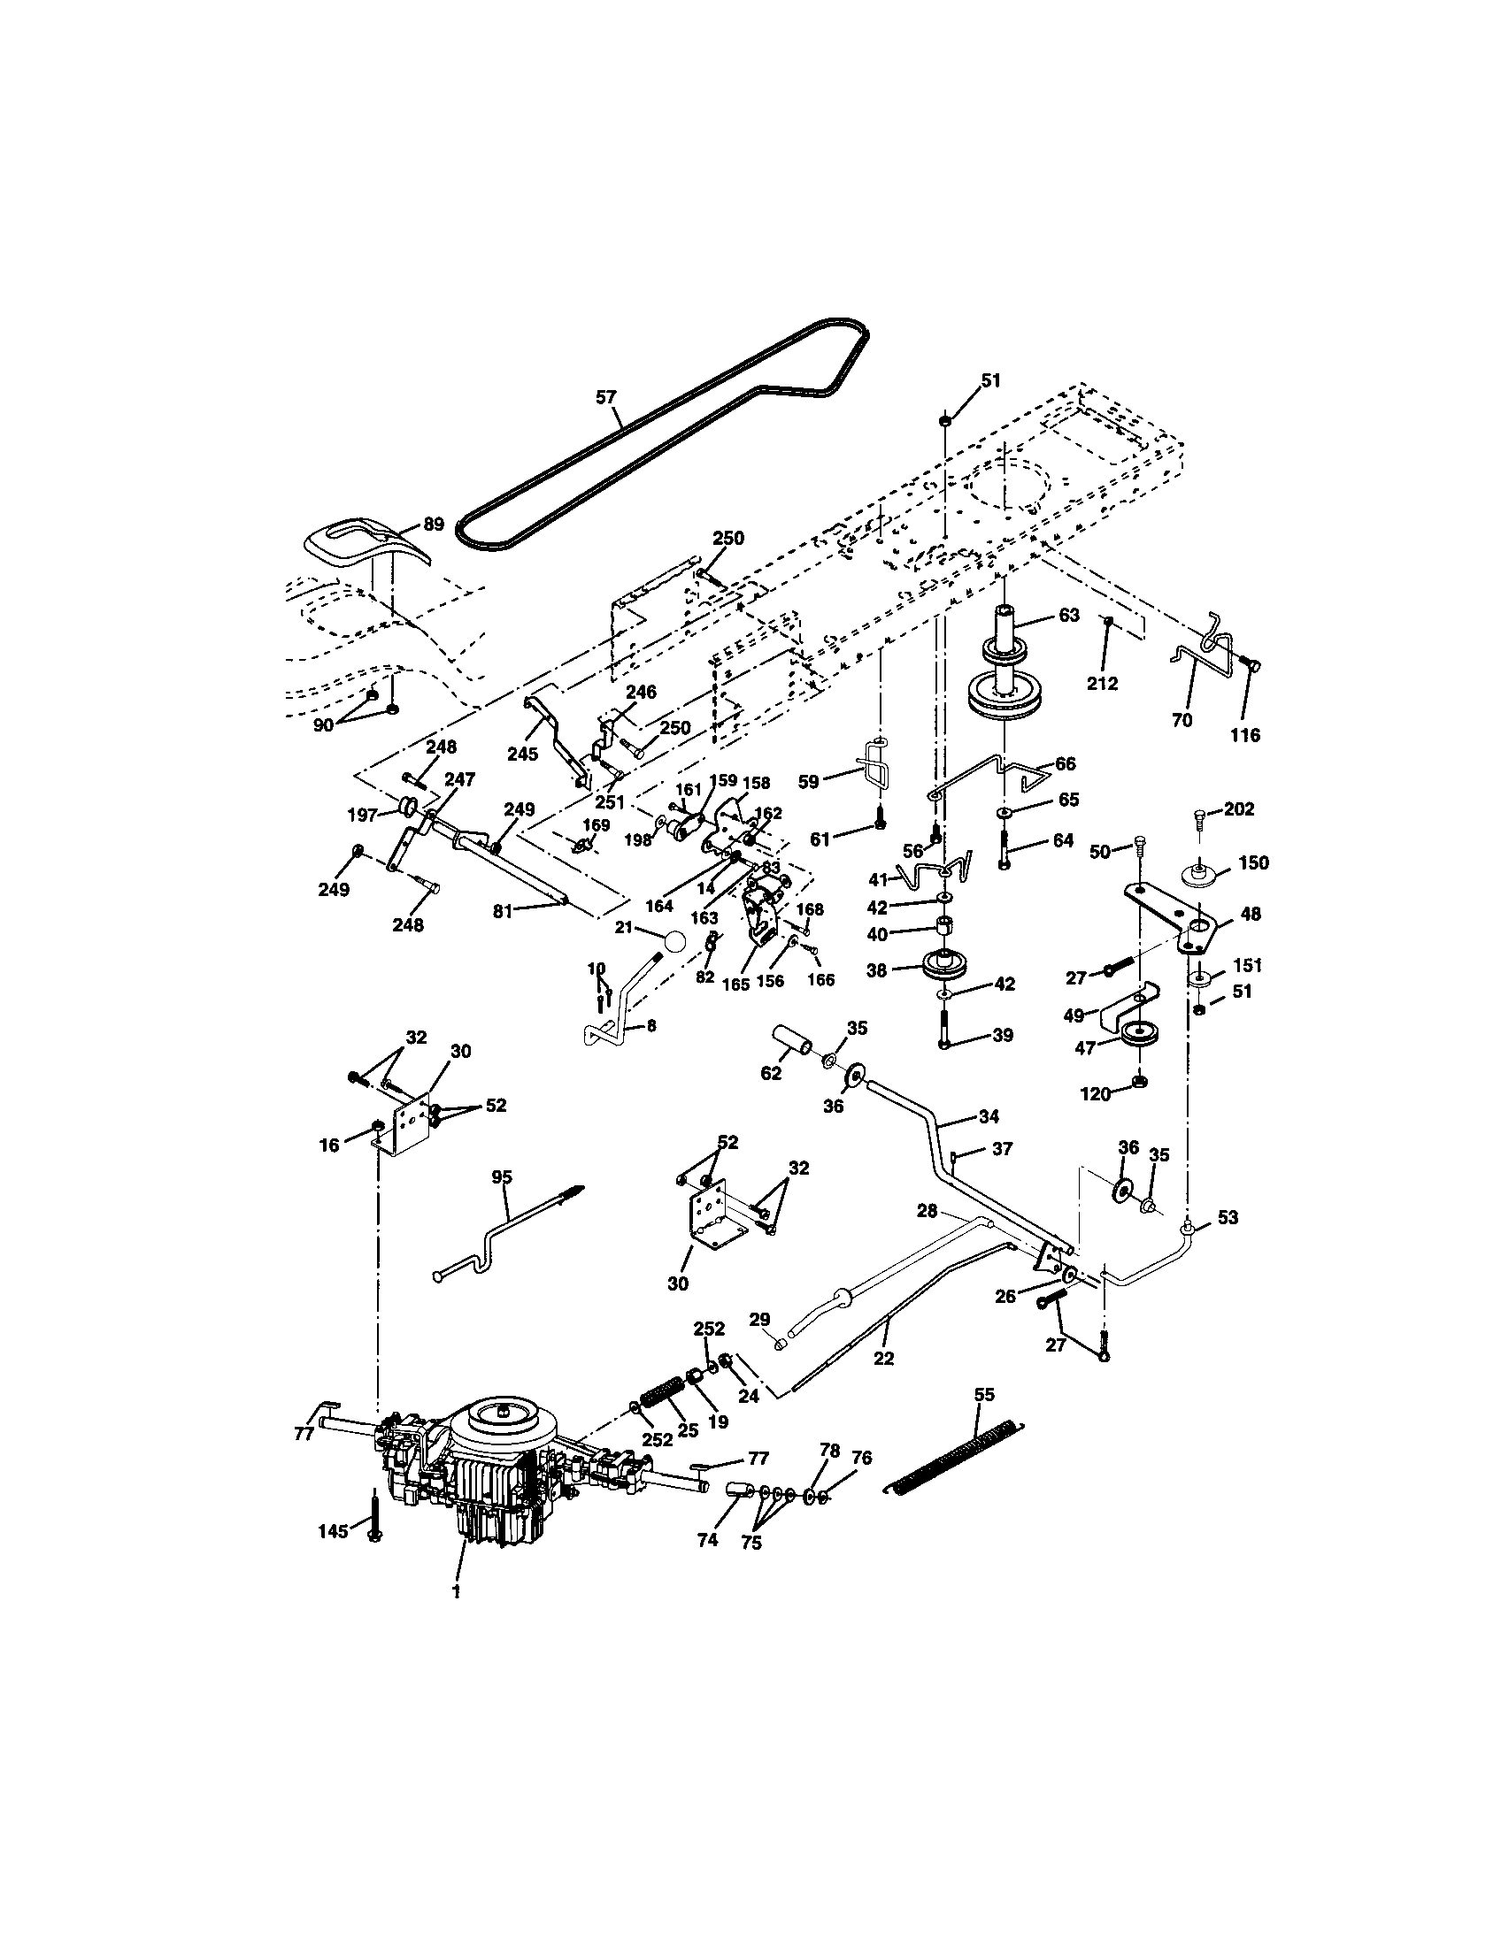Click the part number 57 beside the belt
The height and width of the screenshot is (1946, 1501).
point(606,396)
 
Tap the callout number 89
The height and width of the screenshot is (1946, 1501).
point(433,524)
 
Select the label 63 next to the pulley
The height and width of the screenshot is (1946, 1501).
point(1069,615)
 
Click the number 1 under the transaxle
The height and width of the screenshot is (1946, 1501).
point(456,1592)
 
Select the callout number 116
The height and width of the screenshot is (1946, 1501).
point(1245,735)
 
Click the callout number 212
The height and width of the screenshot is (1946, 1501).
point(1103,684)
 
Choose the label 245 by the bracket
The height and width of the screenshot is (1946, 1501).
point(522,753)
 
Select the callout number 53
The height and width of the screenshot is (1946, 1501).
point(1228,1216)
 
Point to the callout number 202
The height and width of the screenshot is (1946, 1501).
point(1239,809)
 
